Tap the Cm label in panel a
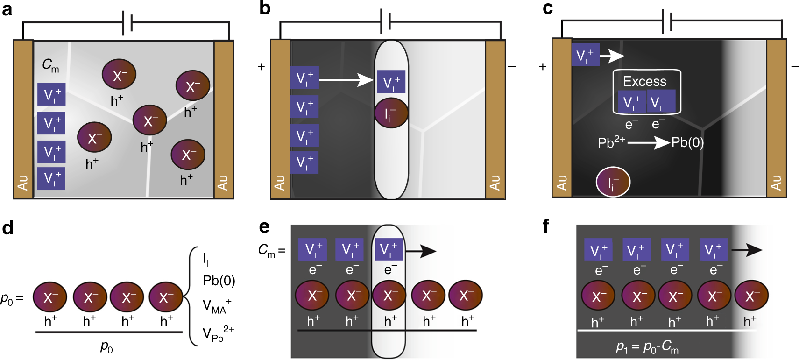pos(50,65)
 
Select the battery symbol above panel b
pos(385,21)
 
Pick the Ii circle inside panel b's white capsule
pos(391,113)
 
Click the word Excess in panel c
pos(644,82)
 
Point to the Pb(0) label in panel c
pos(687,143)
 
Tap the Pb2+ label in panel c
pos(611,142)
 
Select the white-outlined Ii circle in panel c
pos(613,182)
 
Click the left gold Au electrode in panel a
pos(23,120)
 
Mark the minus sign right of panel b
pos(512,67)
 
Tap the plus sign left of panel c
pos(543,67)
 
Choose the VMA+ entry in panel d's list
pos(217,306)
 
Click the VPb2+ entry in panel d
pos(218,333)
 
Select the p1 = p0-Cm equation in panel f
pos(647,347)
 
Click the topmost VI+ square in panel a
pos(51,94)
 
